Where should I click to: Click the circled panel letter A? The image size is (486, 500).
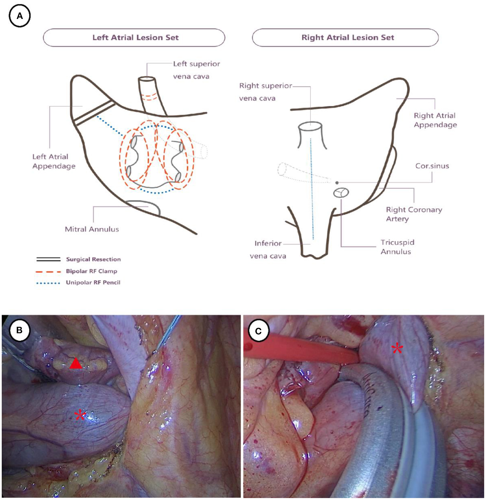19,16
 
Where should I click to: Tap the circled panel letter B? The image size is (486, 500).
19,330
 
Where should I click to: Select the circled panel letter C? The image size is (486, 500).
258,331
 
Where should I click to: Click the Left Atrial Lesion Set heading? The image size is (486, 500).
135,38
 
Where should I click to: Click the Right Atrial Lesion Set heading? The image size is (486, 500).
347,38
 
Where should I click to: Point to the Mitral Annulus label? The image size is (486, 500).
92,229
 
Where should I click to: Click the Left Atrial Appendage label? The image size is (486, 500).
54,161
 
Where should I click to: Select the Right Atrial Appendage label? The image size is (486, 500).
435,120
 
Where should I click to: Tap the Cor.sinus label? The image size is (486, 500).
432,166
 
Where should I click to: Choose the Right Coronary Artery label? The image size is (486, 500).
414,214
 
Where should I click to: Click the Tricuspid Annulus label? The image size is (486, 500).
397,247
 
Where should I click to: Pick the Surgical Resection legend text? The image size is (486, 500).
93,259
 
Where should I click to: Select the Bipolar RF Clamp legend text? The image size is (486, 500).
91,271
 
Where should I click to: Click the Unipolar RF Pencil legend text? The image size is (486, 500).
93,282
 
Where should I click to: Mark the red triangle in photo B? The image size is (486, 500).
76,364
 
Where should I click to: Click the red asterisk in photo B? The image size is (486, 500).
80,415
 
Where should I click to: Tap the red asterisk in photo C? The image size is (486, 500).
397,349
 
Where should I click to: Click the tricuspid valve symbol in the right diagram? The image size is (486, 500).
341,193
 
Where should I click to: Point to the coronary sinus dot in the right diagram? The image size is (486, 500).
337,182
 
